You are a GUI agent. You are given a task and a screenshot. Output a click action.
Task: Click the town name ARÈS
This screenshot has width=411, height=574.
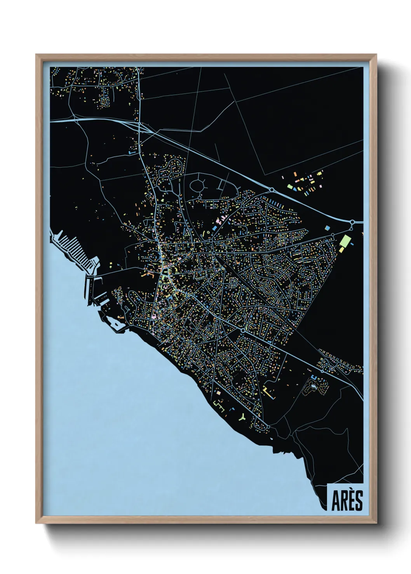[347, 501]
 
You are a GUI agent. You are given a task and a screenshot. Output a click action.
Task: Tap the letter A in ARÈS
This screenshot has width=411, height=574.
[336, 501]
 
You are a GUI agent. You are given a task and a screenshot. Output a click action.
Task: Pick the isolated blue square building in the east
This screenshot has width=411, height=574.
[327, 228]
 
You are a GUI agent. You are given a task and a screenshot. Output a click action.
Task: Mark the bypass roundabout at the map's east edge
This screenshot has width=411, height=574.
[352, 222]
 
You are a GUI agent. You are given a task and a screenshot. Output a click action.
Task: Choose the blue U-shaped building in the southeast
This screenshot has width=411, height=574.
[314, 377]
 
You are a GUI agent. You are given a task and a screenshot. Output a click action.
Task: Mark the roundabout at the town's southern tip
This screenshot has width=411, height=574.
[268, 427]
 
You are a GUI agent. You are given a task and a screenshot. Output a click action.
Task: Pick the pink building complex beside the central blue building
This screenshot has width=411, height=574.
[218, 222]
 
